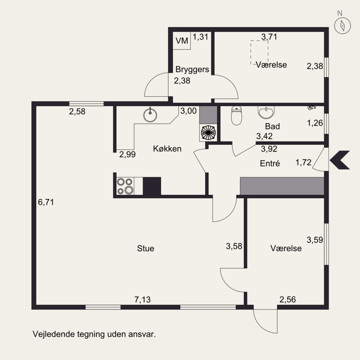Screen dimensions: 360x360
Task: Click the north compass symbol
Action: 342,25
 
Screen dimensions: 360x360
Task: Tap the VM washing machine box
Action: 182,40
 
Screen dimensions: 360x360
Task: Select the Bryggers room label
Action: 192,69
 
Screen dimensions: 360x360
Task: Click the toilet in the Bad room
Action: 236,115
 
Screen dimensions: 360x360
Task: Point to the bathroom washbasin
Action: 266,112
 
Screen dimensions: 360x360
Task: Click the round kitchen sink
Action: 150,115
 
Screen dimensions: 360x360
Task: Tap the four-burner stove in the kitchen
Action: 126,186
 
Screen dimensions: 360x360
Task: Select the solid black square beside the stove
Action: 152,186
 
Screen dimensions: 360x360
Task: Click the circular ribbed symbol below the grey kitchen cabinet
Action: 208,132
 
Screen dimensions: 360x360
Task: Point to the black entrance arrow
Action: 340,160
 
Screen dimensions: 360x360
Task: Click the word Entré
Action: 270,163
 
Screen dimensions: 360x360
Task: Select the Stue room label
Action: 145,248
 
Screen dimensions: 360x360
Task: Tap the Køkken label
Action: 167,149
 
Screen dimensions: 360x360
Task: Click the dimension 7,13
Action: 142,299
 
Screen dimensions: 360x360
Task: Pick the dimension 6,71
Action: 46,202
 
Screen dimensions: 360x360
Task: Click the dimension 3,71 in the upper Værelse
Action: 269,37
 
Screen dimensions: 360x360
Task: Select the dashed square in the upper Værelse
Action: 260,53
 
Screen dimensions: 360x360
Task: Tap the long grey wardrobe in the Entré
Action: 282,186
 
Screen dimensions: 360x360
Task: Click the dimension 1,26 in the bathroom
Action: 315,123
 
